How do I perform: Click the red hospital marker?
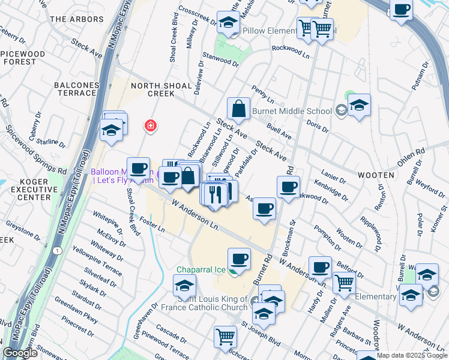[150, 126]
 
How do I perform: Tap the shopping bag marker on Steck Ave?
[238, 109]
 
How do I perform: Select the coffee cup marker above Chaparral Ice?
[239, 259]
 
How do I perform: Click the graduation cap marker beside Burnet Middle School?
[358, 105]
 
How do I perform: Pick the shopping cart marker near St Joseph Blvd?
[225, 336]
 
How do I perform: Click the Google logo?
[20, 353]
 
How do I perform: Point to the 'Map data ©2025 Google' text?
[412, 355]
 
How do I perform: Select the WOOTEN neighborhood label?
[377, 175]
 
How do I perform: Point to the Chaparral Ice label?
[200, 269]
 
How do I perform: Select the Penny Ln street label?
[262, 94]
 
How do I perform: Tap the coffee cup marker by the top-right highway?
[400, 10]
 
